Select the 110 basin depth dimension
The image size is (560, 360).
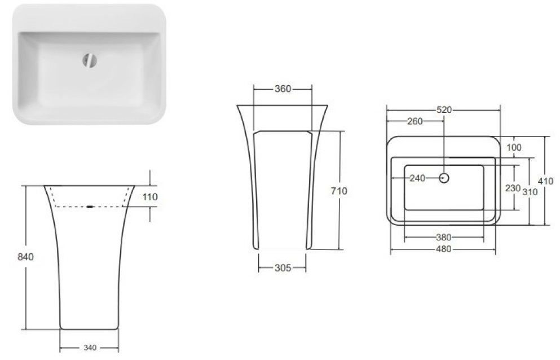coord(150,197)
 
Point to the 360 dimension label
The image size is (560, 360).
coord(283,89)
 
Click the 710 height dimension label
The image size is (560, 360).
coord(339,191)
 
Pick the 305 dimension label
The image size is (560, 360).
coord(283,268)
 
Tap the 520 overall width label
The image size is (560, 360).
coord(444,110)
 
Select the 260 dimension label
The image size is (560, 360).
coord(415,121)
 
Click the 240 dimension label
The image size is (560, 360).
coord(417,178)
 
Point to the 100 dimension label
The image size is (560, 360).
coord(514,147)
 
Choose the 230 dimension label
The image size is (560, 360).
coord(512,188)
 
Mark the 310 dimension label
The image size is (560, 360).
coord(530,191)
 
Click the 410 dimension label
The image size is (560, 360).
coord(546,181)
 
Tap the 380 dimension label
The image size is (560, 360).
coord(443,237)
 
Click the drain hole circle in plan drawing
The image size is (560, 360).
coord(444,178)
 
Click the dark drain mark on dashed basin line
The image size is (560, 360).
coord(90,207)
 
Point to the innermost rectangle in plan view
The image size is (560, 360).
coord(444,188)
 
